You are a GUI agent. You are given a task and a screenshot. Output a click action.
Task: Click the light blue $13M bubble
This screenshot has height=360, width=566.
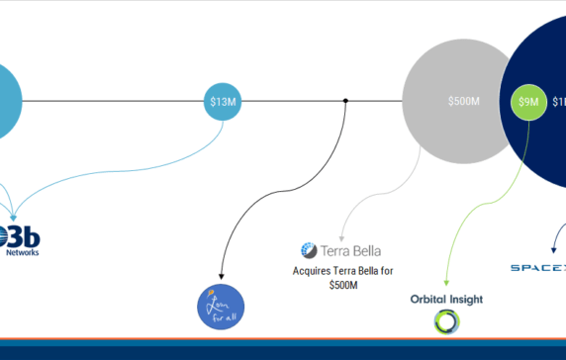click(x=224, y=101)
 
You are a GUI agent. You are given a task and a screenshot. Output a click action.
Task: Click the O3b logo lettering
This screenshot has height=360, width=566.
click(x=22, y=236)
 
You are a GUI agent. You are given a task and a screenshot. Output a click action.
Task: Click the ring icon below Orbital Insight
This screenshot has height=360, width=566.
click(x=445, y=321)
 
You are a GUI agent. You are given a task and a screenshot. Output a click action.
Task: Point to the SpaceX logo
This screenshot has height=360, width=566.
click(x=539, y=267)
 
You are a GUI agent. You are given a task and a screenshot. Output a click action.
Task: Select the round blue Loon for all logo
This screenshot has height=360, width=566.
click(x=219, y=305)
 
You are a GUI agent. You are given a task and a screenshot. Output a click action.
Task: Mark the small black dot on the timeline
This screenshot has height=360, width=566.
click(x=345, y=101)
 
